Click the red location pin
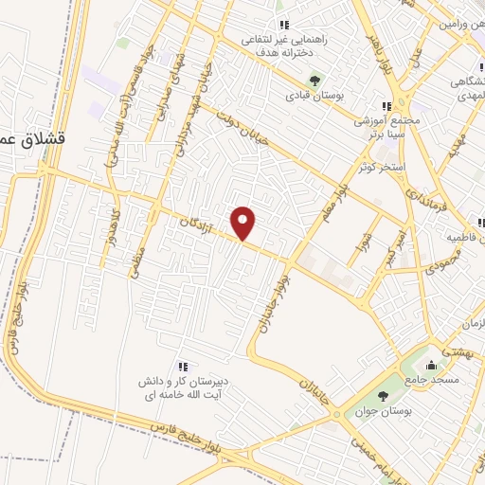click(244, 222)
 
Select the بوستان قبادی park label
click(313, 96)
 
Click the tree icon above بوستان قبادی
click(314, 79)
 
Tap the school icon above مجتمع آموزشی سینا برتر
click(386, 106)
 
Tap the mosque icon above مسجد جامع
click(432, 364)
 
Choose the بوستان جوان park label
click(384, 412)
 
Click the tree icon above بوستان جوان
click(383, 396)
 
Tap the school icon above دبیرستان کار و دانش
click(182, 367)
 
